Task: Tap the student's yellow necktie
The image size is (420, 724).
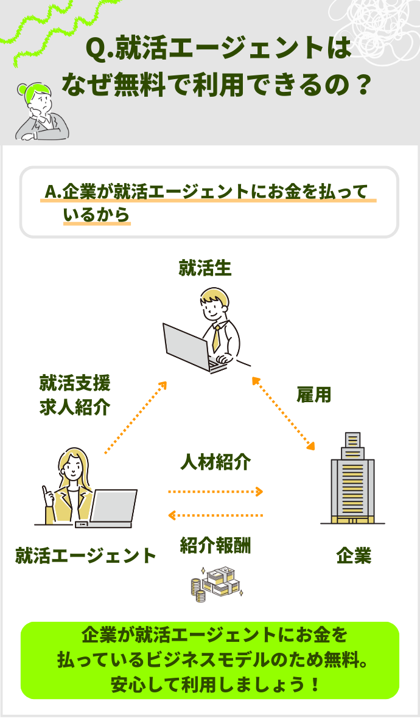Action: (x=217, y=338)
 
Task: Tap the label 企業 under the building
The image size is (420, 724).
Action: (x=354, y=555)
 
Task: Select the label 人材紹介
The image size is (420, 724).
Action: (x=215, y=462)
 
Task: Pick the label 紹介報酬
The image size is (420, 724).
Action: (x=215, y=546)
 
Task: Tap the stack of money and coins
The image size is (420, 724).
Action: (x=216, y=583)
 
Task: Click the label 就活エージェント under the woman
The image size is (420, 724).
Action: (x=86, y=555)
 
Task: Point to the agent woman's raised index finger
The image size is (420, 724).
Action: (x=44, y=489)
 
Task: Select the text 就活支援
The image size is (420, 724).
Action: (x=75, y=383)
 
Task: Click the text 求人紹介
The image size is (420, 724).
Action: (x=75, y=407)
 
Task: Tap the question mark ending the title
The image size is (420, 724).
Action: (x=362, y=83)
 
